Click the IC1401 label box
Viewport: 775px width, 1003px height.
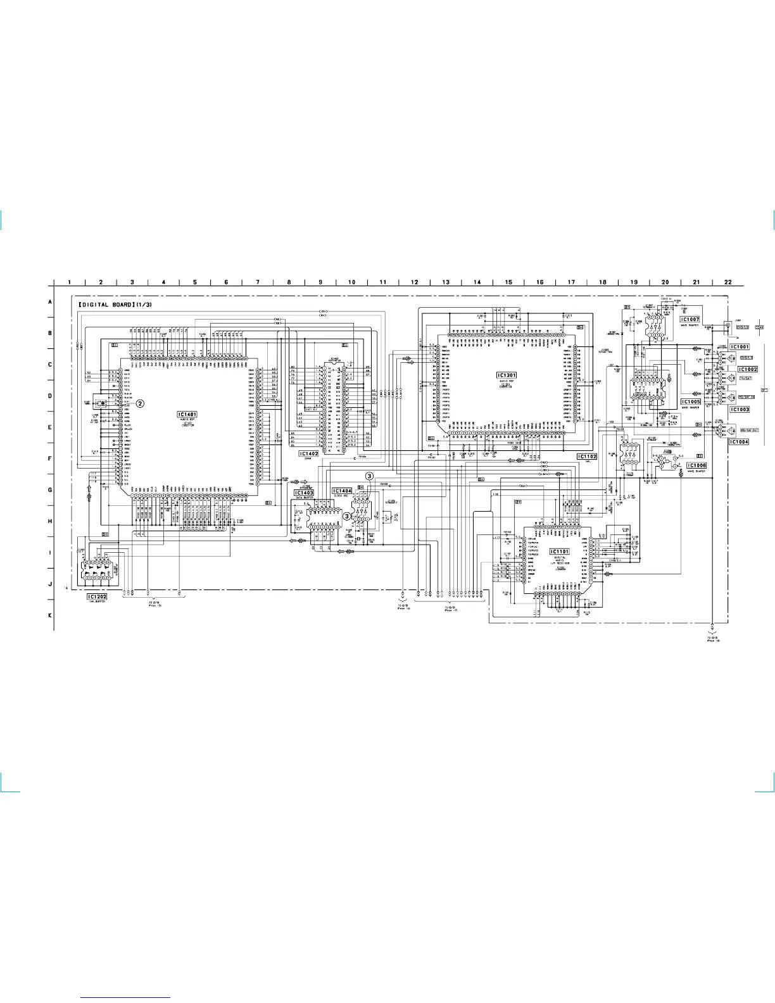(x=187, y=414)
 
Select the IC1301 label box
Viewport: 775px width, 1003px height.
(x=506, y=375)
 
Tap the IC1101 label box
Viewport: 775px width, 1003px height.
(x=559, y=552)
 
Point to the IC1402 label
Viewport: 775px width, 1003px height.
(x=308, y=453)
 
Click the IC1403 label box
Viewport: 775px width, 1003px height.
(x=303, y=492)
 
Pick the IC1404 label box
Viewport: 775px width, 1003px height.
(x=342, y=491)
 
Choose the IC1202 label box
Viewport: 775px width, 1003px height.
(x=97, y=596)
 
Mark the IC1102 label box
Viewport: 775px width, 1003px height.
(x=586, y=457)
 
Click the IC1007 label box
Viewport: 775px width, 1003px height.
(x=690, y=319)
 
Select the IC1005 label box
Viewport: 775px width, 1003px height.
(x=691, y=401)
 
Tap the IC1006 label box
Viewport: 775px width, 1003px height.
(x=696, y=465)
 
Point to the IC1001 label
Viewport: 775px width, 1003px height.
(x=740, y=347)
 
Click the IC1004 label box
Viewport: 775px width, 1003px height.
(x=739, y=442)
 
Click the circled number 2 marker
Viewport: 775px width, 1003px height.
(x=141, y=403)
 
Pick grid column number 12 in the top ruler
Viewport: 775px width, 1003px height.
(x=414, y=282)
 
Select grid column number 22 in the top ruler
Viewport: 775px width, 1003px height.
(x=728, y=282)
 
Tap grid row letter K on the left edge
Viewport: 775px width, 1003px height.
(x=51, y=615)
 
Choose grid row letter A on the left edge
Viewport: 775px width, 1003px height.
(x=51, y=302)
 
